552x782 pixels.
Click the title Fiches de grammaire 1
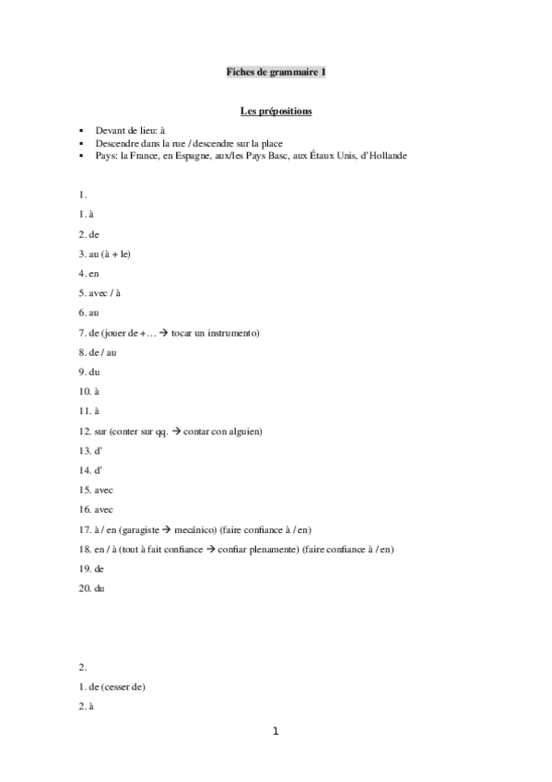click(x=276, y=71)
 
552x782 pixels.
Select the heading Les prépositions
click(x=276, y=112)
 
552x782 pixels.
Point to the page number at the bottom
click(x=275, y=731)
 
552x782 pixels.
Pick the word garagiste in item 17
click(x=137, y=528)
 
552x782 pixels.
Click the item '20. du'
click(x=92, y=587)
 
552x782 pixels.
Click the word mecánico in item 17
click(x=194, y=528)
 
